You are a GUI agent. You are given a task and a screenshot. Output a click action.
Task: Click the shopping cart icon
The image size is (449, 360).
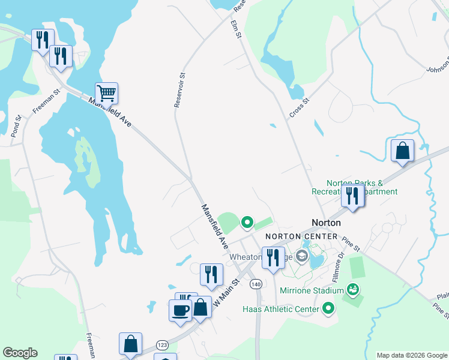point(106,94)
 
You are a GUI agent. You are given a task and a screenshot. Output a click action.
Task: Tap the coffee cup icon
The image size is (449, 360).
point(180,310)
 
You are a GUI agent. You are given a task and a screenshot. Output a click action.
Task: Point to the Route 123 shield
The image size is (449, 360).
point(162,345)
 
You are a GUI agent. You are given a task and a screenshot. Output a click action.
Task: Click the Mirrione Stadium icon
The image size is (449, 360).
point(354,290)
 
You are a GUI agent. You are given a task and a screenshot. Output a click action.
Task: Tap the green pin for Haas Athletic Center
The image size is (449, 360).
point(328,309)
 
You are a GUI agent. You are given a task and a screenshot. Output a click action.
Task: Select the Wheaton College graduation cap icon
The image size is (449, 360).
point(301,257)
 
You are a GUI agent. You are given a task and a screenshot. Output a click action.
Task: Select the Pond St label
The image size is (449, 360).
point(16,126)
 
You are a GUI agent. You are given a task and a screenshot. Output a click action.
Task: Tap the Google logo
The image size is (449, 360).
point(20,353)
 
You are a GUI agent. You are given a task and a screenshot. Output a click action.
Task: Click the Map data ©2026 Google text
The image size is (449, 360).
point(411,355)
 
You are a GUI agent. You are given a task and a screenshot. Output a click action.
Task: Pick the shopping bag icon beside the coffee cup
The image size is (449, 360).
point(201,307)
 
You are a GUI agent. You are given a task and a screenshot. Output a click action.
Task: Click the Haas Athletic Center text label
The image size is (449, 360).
point(280,309)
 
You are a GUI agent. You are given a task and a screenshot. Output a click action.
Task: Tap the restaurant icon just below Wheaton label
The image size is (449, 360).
point(273,257)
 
